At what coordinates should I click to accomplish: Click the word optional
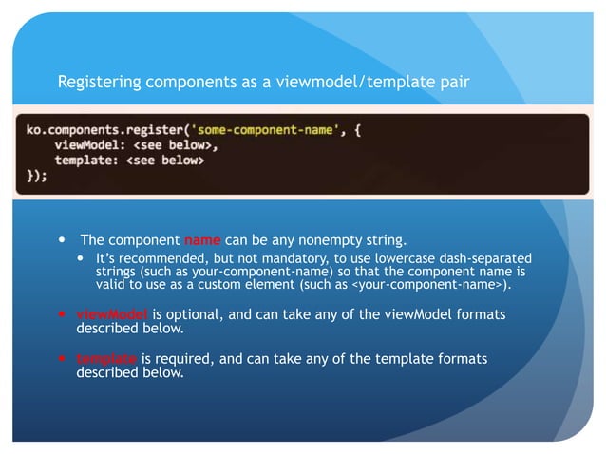[x=183, y=314]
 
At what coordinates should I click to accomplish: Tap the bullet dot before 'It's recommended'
[x=81, y=258]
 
